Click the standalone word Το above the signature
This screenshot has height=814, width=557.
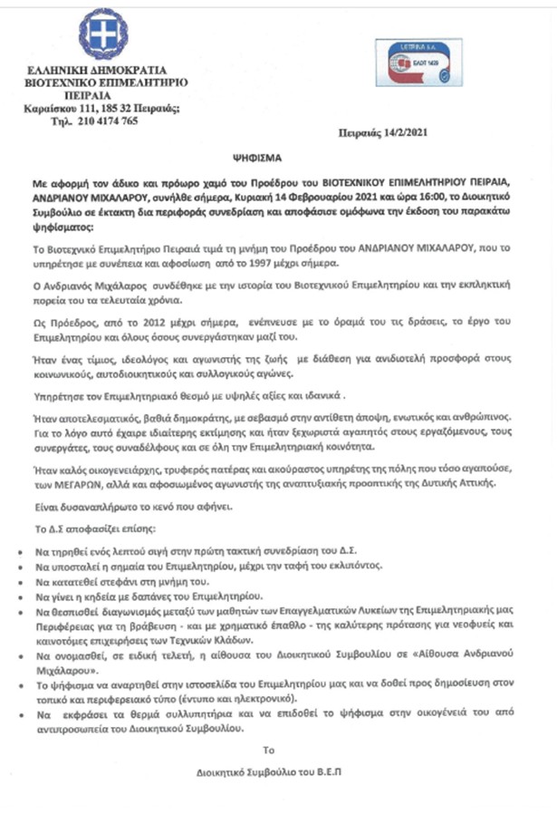click(x=267, y=751)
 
